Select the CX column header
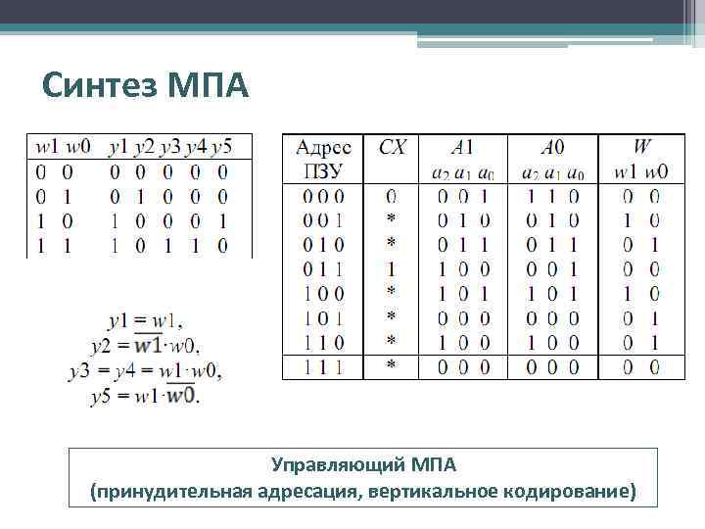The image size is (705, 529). pyautogui.click(x=392, y=148)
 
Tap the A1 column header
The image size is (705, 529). pyautogui.click(x=462, y=148)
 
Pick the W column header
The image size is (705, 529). pyautogui.click(x=641, y=148)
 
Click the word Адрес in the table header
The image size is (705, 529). pyautogui.click(x=323, y=148)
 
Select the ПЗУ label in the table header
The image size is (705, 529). pyautogui.click(x=322, y=171)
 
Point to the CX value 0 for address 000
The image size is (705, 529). pyautogui.click(x=392, y=196)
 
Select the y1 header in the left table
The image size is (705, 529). pyautogui.click(x=118, y=147)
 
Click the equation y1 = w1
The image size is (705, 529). pyautogui.click(x=146, y=320)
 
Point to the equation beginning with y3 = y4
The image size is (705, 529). pyautogui.click(x=145, y=371)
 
